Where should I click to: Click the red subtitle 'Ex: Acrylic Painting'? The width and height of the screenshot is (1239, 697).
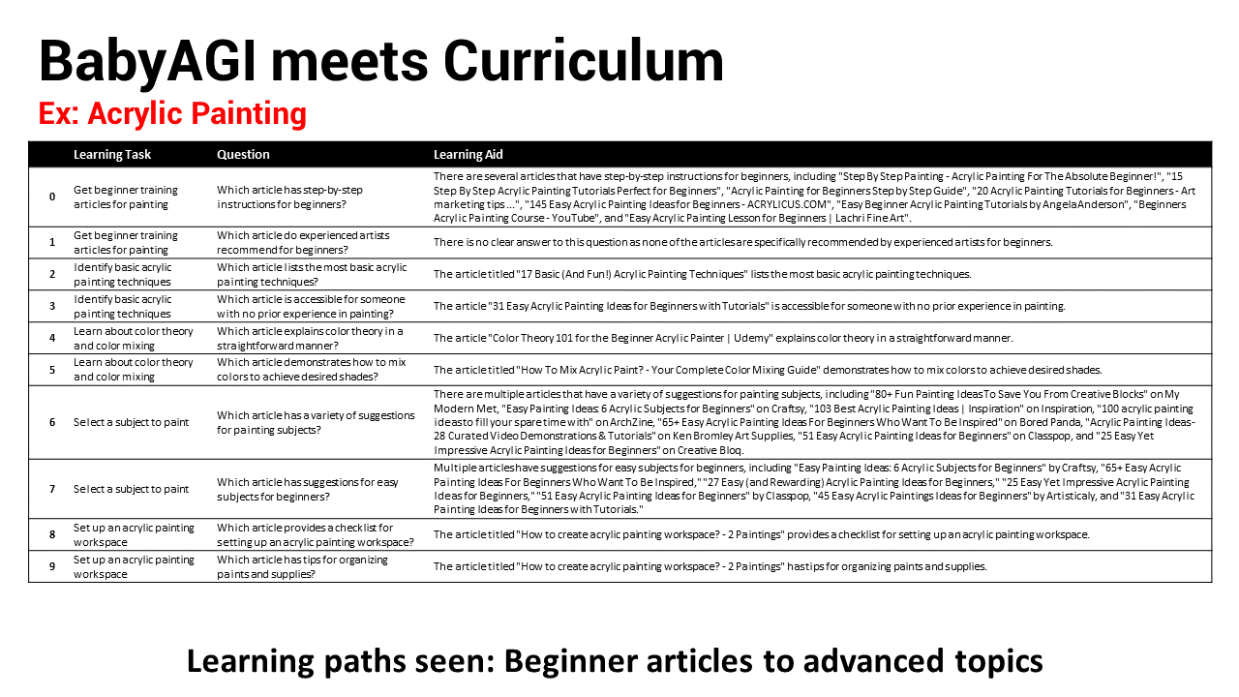coord(172,114)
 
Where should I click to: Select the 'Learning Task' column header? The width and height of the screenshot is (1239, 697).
coord(112,155)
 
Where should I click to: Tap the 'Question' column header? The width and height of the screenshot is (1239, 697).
coord(243,155)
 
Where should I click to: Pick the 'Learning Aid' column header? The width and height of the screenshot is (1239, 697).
coord(468,155)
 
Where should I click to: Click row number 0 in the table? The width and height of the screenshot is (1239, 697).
coord(52,197)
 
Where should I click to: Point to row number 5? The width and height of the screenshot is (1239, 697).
coord(52,370)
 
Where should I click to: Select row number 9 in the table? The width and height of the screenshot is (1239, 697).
coord(52,566)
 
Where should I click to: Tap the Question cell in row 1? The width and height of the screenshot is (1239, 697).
coord(304,242)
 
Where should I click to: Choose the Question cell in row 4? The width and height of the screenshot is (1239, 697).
coord(310,338)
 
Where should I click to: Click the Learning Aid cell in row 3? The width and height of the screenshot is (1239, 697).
coord(749,306)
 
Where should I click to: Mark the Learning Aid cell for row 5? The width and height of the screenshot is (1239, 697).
coord(768,370)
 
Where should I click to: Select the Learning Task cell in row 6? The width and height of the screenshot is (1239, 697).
coord(132,422)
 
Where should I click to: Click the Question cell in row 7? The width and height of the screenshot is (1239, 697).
coord(308,489)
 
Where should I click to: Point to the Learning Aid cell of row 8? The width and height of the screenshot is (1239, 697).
coord(761,534)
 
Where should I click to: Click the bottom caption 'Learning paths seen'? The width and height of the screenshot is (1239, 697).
coord(615,661)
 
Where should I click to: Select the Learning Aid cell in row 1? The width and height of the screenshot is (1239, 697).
coord(742,242)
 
